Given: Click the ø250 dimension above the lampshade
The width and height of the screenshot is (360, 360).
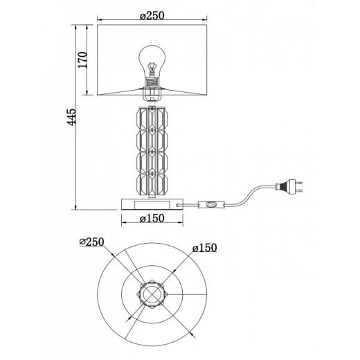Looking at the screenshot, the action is tap(152, 16).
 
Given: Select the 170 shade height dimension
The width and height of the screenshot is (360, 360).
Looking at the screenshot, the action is tap(82, 60).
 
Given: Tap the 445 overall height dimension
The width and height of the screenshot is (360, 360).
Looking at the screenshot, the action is tap(71, 117).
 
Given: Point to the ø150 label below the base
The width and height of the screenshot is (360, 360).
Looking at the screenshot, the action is tap(152, 218).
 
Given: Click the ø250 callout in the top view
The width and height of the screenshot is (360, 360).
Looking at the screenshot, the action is tap(91, 242).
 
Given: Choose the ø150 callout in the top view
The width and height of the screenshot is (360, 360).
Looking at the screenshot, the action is tap(204, 248).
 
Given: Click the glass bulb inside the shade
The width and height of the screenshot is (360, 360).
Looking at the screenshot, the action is tap(152, 62).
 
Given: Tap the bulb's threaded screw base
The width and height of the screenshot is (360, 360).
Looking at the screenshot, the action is tap(152, 82).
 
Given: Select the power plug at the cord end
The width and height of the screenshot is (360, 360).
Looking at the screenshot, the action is tap(289, 186).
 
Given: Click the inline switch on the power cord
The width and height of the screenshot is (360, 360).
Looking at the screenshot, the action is tap(211, 205).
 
